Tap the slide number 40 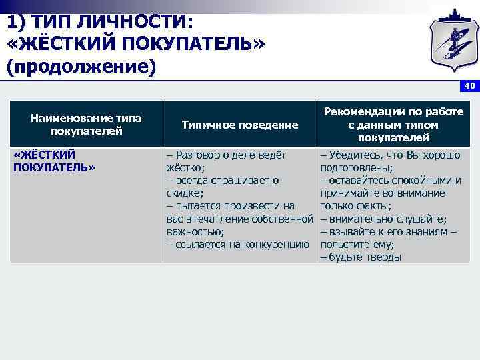469,86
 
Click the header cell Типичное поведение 239,125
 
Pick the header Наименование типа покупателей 86,125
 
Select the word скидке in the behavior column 183,193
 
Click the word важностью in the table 194,231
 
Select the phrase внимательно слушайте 387,219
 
